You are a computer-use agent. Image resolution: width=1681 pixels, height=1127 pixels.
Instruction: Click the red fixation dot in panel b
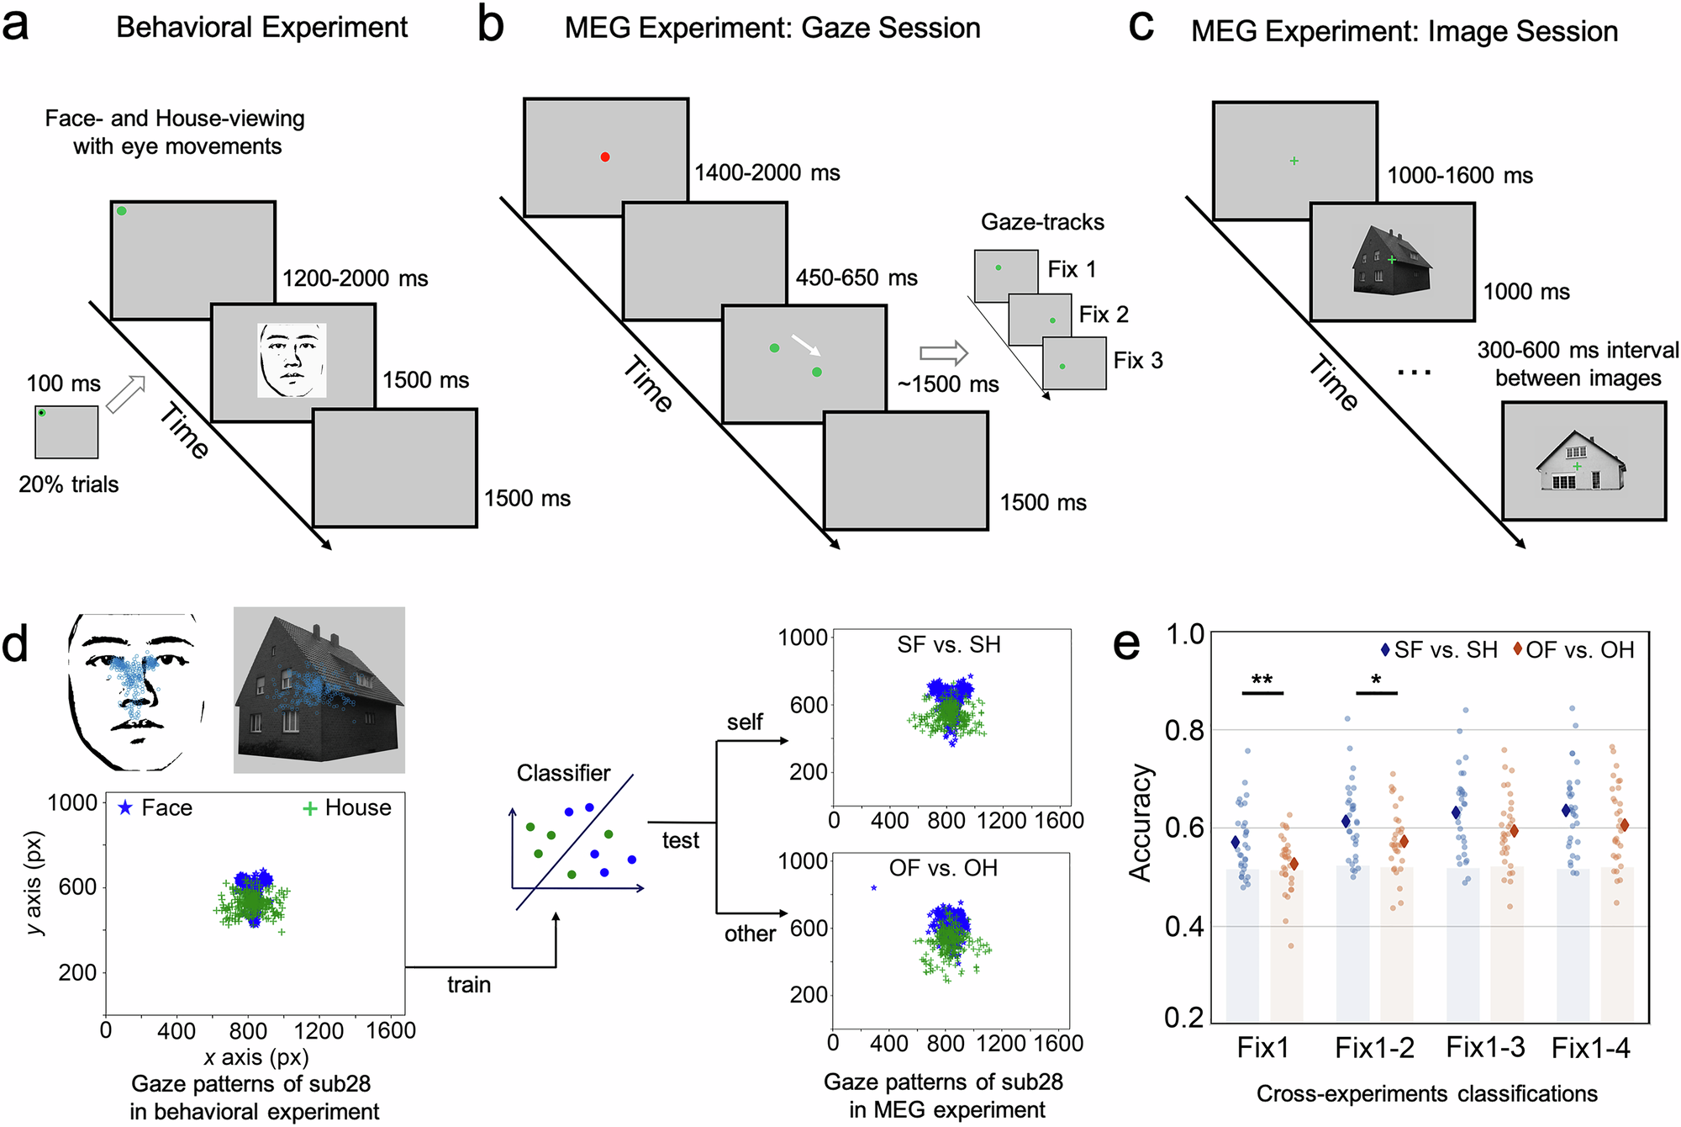tap(605, 157)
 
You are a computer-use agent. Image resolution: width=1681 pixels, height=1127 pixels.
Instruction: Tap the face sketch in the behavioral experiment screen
tap(292, 360)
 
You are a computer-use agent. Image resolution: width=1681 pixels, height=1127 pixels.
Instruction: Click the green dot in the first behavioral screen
tap(122, 211)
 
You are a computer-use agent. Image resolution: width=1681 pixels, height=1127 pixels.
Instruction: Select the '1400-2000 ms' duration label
tap(767, 173)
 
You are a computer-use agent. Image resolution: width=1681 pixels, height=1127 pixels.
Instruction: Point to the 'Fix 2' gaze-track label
tap(1104, 315)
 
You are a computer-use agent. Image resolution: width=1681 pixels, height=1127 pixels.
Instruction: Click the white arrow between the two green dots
tap(805, 345)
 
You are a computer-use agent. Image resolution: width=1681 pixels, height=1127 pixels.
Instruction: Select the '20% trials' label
tap(69, 484)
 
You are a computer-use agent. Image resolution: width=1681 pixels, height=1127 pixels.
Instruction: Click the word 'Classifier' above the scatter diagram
tap(563, 773)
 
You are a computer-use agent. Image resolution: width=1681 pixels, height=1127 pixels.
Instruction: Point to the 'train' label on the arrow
tap(469, 984)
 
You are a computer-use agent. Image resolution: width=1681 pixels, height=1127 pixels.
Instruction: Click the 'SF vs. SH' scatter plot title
tap(949, 645)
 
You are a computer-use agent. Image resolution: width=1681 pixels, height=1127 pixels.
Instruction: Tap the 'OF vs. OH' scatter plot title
tap(943, 868)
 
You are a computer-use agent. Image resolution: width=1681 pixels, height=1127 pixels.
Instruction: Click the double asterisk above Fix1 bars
tap(1262, 680)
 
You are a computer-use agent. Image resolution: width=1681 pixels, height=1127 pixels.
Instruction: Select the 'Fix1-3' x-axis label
tap(1485, 1048)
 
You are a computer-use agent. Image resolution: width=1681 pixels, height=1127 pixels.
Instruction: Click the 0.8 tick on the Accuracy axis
tap(1184, 731)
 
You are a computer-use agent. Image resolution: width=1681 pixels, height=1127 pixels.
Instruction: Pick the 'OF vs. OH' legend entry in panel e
tap(1573, 650)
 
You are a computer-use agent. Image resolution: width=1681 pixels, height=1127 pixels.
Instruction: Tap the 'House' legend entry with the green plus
tap(347, 808)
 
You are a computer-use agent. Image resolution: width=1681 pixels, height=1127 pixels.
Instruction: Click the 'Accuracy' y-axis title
tap(1141, 823)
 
